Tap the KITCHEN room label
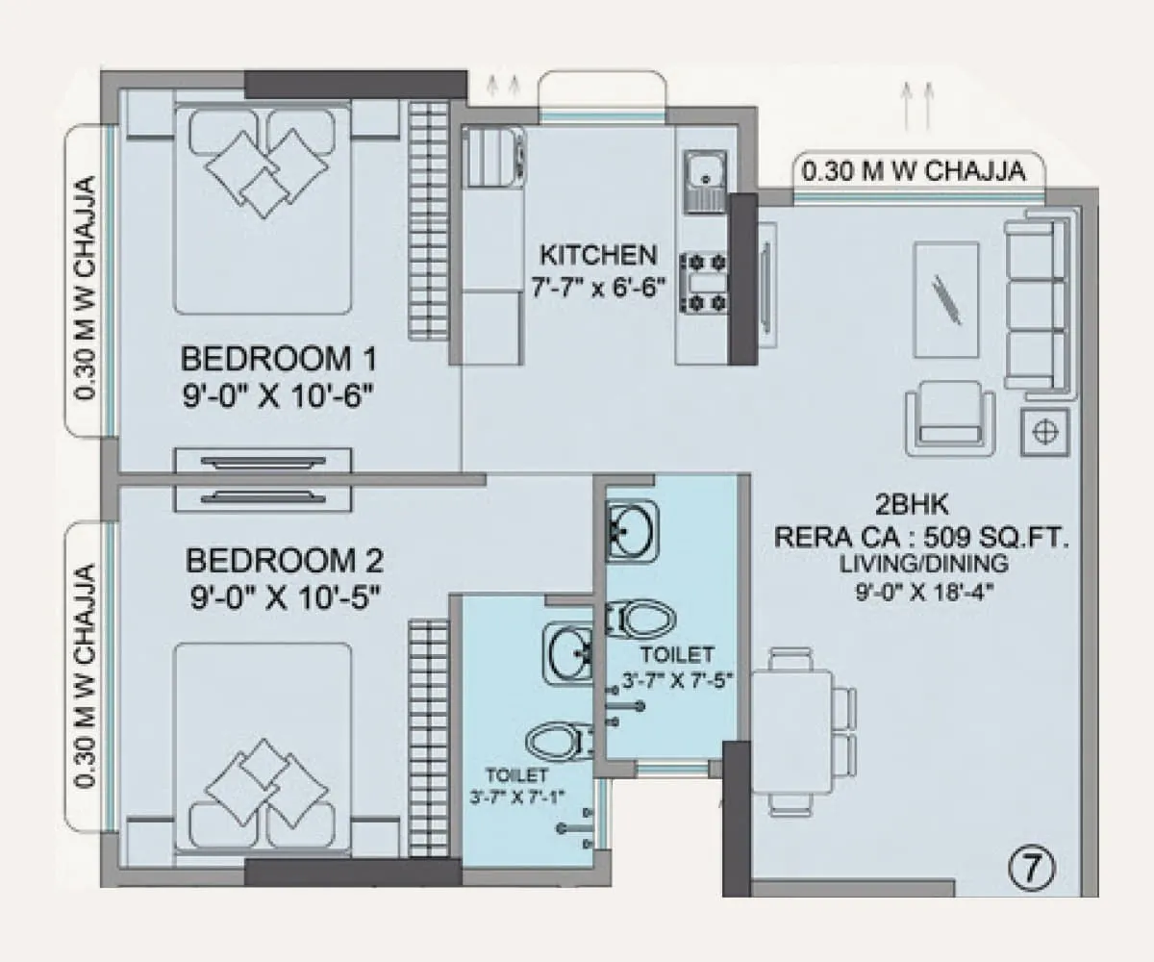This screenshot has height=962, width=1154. (598, 256)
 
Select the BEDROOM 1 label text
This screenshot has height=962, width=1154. (279, 360)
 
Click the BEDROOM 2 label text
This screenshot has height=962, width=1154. (285, 559)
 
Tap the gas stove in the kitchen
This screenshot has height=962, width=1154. (704, 282)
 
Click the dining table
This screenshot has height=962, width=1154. (791, 731)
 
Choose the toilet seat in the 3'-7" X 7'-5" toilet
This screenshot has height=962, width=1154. (639, 619)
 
